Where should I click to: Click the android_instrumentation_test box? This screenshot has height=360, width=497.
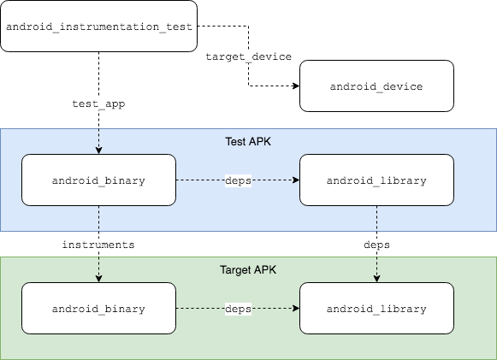point(98,27)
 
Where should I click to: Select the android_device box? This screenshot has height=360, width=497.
point(376,86)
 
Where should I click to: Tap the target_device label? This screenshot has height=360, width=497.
point(249,57)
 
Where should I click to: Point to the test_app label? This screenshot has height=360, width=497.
point(98,104)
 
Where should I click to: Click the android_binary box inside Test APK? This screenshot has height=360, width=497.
point(98,180)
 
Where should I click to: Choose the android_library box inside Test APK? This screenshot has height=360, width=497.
point(376,180)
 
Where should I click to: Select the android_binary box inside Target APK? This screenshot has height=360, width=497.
point(98,308)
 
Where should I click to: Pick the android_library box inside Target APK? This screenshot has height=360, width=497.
point(376,308)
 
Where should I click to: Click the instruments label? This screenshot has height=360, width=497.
point(98,245)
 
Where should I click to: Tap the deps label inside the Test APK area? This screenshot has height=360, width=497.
point(237,180)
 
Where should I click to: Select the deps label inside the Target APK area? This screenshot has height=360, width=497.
point(237,308)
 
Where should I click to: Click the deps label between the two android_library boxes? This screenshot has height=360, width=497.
point(376,245)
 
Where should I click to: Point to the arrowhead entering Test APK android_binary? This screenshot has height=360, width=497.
point(98,150)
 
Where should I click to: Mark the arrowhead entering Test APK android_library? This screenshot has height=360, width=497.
point(295,180)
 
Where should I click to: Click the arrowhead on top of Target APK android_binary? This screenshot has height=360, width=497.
point(98,278)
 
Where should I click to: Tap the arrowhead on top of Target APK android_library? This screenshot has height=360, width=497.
point(376,278)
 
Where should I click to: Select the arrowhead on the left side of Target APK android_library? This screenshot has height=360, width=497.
point(295,308)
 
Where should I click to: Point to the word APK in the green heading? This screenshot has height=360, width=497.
point(264,269)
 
